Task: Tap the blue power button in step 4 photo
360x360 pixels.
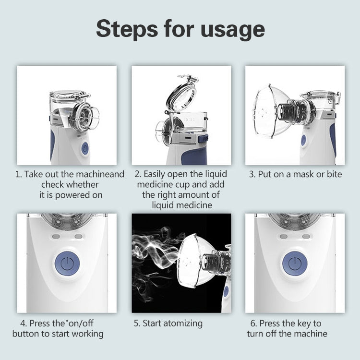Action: coord(67,263)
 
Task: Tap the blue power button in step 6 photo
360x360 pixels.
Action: coord(295,263)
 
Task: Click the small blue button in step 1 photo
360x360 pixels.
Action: coord(85,148)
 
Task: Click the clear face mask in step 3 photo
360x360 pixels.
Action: coord(271,111)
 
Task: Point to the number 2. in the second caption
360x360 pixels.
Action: coord(137,174)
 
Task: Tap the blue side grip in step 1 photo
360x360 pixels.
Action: coord(52,144)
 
